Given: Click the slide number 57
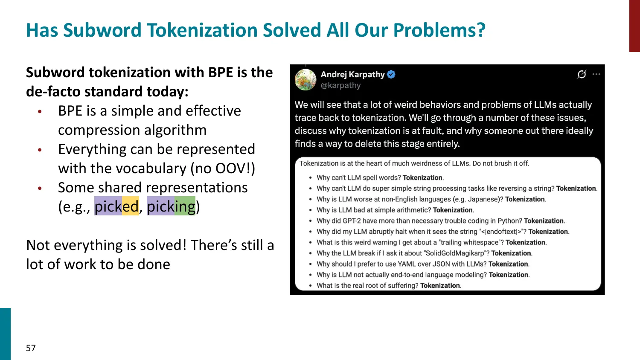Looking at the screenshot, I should click(x=31, y=348).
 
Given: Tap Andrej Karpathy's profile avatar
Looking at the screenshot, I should click(x=305, y=80).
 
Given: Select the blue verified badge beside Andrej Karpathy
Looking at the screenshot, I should click(x=391, y=74).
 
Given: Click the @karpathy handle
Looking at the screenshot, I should click(x=340, y=85).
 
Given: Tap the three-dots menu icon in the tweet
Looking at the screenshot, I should click(x=596, y=74).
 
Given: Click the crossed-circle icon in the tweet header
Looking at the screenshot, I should click(x=582, y=74).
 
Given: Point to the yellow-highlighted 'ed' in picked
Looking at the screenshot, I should click(x=131, y=206).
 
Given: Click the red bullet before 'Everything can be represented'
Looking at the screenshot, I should click(x=40, y=150).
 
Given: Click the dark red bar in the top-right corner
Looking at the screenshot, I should click(x=634, y=26).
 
